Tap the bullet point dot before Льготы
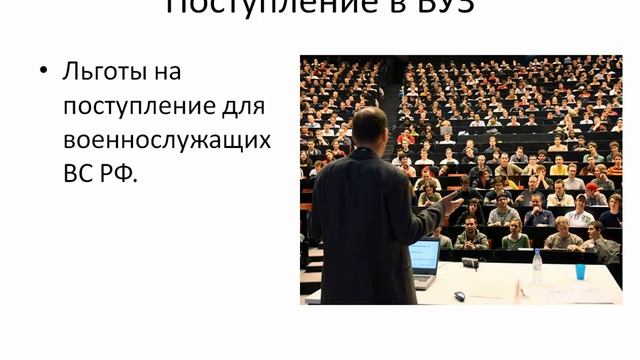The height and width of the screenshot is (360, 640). point(43,72)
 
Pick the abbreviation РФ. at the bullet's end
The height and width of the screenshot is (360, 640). point(118,172)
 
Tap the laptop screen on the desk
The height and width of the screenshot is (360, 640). point(424,257)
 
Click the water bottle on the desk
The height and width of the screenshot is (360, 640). point(537,265)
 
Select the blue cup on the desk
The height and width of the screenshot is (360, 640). point(580,271)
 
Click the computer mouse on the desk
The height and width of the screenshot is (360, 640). point(459,296)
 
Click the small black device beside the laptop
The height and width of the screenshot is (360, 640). point(469,262)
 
